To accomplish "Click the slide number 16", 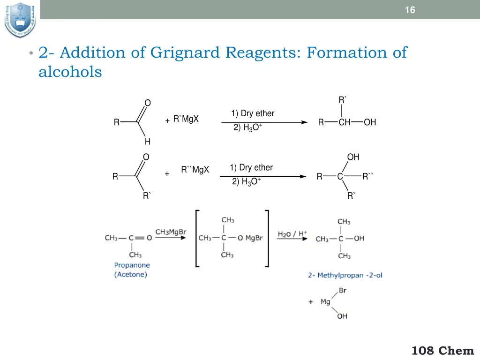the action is tap(410, 10).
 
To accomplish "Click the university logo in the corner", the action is tap(20, 19).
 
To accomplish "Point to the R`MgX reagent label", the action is tap(186, 119).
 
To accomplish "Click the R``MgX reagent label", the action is tap(195, 170).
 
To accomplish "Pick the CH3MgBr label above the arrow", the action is tap(171, 232).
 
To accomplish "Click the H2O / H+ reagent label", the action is tap(292, 233).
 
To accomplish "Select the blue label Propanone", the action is tap(132, 265).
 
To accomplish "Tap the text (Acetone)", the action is tap(131, 275).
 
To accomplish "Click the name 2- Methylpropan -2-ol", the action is tap(345, 275).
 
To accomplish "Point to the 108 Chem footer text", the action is tap(443, 350).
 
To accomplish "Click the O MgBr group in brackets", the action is tap(250, 238).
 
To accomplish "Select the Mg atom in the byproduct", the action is tap(325, 302).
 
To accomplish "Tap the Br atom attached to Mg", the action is tap(342, 291).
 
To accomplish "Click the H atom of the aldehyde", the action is tap(147, 142).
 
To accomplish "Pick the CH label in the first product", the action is tap(345, 123).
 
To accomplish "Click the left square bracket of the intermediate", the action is tap(197, 238).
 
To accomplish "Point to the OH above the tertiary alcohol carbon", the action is tap(353, 157).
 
